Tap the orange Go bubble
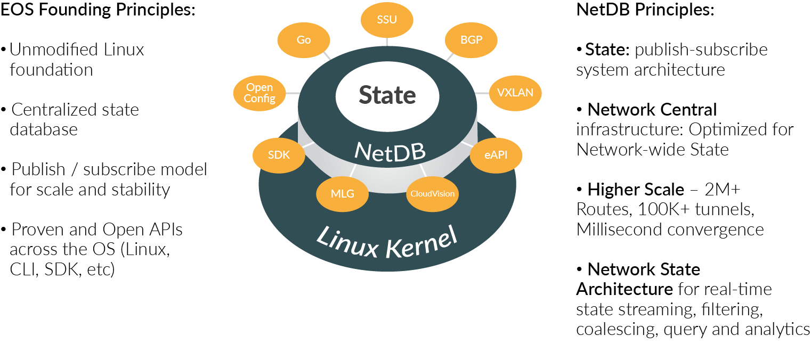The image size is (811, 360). click(304, 40)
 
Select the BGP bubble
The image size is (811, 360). click(471, 40)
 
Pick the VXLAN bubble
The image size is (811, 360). click(515, 93)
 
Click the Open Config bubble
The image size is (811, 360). click(259, 93)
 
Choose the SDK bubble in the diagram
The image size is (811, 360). click(279, 156)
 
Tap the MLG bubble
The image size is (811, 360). click(343, 193)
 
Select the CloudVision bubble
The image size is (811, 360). click(432, 193)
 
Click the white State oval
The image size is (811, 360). click(387, 95)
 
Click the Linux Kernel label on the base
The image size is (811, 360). click(387, 241)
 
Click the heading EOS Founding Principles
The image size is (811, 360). click(98, 10)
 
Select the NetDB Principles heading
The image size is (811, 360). click(645, 10)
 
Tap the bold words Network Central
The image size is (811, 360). click(652, 110)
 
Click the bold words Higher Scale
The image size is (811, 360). click(635, 189)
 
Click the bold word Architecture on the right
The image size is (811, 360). click(624, 289)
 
